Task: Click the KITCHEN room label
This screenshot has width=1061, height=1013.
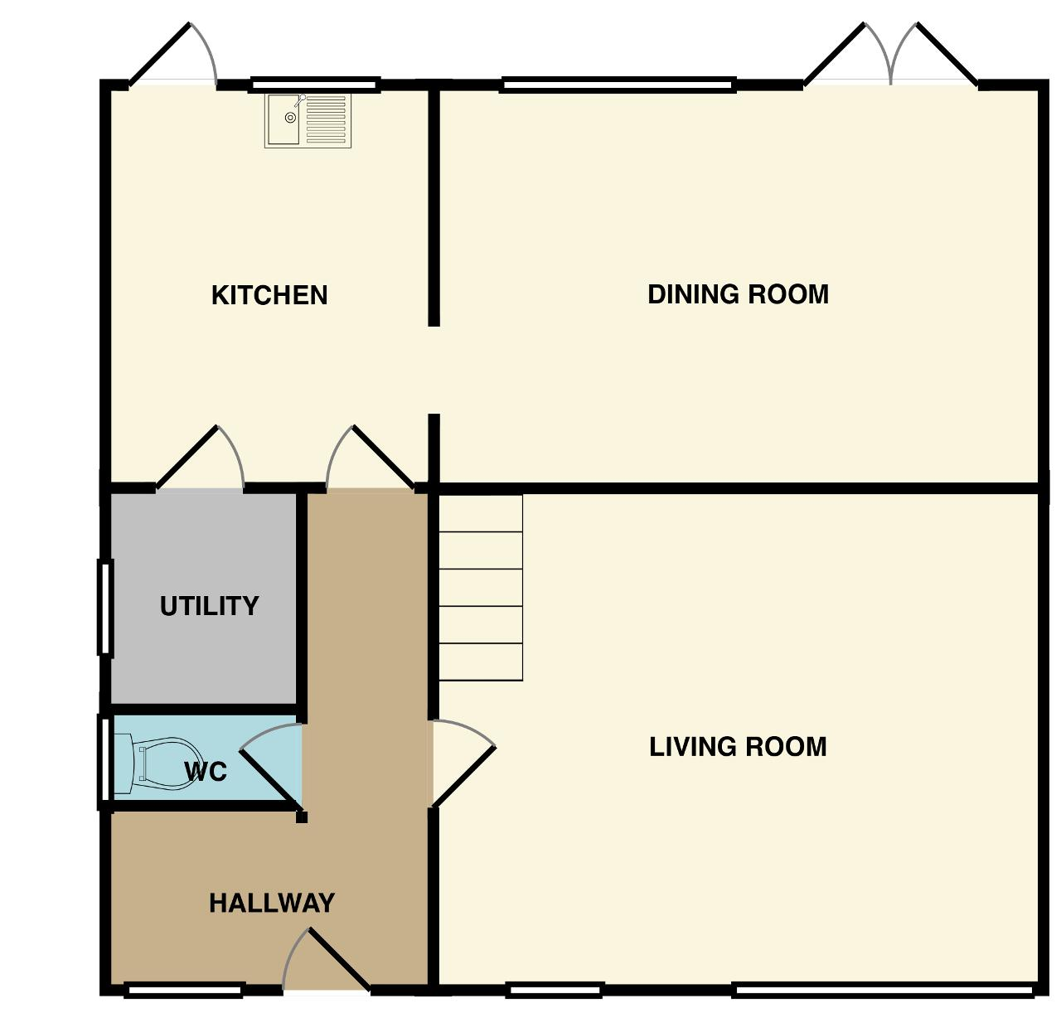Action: coord(269,295)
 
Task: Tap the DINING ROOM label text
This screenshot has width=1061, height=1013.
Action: coord(738,294)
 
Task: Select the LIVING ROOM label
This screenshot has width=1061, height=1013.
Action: coord(738,746)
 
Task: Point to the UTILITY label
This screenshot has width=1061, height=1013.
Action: coord(210,606)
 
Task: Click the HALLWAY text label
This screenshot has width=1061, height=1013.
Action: coord(272,904)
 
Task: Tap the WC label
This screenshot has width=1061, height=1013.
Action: coord(206,772)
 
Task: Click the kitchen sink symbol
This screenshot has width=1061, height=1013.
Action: coord(308,120)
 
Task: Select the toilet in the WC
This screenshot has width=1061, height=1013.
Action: coord(155,763)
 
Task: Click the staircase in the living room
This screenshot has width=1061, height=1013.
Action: coord(480,587)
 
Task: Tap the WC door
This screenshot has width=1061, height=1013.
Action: coord(271,766)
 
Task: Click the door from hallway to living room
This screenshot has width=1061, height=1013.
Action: coord(463,763)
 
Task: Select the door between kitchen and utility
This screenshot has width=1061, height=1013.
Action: coord(200,458)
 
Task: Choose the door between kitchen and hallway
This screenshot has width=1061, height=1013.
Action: coord(371,458)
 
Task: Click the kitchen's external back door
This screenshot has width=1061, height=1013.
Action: coord(173,55)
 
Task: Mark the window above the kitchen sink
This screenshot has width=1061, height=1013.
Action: coord(315,85)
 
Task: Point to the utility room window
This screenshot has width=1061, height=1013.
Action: coord(105,606)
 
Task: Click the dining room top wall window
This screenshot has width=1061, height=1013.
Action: coord(618,85)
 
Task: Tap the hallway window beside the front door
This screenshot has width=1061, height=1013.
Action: coord(184,990)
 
